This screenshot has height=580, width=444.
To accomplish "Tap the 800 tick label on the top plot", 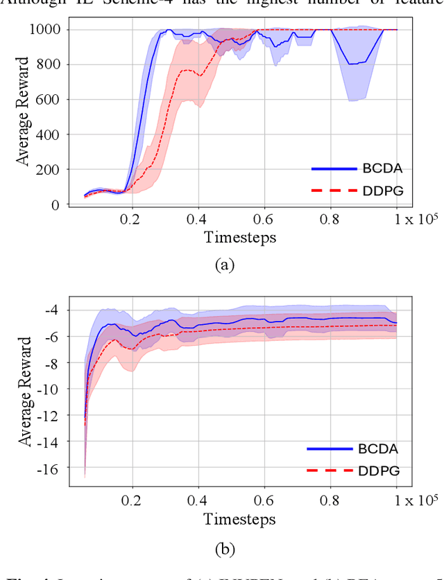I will coord(49,64).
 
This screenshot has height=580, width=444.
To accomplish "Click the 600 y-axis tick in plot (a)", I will coord(49,100).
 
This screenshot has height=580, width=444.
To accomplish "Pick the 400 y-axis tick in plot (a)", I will coord(49,134).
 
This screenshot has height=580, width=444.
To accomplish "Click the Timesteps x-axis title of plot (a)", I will coord(239,238).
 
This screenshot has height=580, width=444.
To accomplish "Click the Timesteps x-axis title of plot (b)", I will coord(239,519).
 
